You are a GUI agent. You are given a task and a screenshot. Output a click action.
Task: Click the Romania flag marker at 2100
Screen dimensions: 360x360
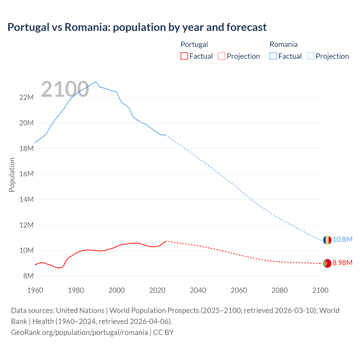click(327, 240)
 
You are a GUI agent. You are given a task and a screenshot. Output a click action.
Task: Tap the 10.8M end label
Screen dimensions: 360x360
click(343, 240)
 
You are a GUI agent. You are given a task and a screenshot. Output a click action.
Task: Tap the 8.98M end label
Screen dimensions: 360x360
click(343, 263)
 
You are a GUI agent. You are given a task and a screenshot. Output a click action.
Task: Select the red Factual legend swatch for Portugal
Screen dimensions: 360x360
click(184, 56)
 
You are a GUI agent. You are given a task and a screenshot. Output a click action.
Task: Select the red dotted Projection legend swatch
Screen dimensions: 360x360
click(222, 56)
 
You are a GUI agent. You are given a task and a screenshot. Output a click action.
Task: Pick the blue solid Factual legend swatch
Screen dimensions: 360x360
click(273, 56)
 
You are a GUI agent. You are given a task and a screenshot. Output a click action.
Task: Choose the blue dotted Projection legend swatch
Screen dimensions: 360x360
click(311, 56)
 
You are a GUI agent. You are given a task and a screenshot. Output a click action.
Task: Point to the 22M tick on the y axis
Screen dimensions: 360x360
click(27, 98)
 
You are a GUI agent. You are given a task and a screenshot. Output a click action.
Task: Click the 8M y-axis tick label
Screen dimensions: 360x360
click(28, 276)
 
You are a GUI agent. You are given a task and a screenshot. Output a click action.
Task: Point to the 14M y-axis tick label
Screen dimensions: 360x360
click(27, 200)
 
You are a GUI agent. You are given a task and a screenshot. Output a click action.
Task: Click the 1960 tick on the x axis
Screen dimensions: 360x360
click(35, 290)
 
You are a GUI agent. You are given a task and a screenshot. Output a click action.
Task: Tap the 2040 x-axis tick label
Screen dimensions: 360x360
click(198, 290)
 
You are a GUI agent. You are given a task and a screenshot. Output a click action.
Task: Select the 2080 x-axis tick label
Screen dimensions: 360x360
click(280, 290)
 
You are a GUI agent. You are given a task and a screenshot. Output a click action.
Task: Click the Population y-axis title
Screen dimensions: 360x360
click(12, 175)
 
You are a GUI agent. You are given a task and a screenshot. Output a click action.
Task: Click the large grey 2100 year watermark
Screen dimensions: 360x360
click(65, 89)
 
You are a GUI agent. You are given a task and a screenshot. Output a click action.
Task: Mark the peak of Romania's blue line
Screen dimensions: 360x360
click(96, 82)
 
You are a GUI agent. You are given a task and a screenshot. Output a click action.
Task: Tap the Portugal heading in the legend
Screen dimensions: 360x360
click(194, 44)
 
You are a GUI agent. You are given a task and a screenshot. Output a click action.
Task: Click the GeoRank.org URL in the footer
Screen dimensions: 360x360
click(79, 332)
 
